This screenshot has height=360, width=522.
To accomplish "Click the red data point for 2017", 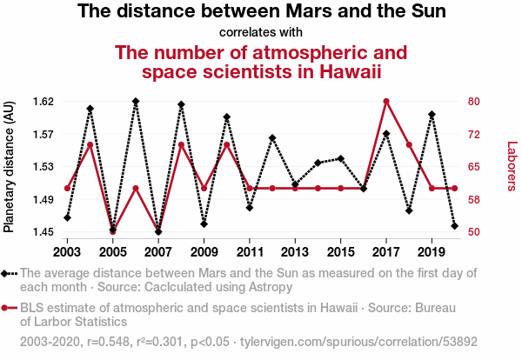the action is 386,101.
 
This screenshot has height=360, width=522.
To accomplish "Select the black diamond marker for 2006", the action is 136,101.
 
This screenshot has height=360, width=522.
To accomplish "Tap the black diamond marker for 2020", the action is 455,226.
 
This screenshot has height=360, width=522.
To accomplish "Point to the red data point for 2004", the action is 90,144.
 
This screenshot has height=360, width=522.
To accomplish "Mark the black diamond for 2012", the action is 272,137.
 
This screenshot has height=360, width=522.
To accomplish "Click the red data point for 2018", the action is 409,144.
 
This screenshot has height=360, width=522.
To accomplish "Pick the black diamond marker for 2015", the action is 340,159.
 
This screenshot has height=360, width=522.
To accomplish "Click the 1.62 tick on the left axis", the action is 43,101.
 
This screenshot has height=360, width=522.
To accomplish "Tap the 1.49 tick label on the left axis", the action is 43,200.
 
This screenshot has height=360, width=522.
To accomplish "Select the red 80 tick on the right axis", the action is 474,101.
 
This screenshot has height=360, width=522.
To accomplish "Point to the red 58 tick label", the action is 474,200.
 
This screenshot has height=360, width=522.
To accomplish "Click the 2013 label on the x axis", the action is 295,252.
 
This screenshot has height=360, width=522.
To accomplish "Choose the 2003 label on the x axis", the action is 67,252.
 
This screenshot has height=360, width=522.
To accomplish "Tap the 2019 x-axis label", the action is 432,252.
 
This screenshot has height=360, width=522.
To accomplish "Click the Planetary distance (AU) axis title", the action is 9,166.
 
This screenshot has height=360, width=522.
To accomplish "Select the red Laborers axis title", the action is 512,166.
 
